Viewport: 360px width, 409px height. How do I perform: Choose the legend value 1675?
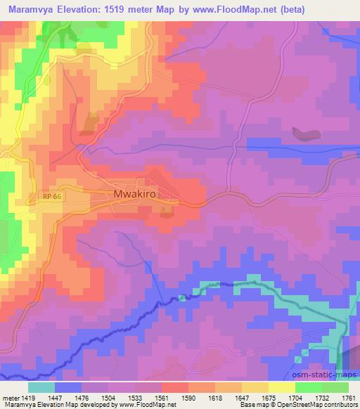pyautogui.click(x=270, y=397)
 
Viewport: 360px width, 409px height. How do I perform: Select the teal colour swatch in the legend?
pyautogui.click(x=41, y=387)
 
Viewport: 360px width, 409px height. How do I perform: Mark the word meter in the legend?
pyautogui.click(x=10, y=397)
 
